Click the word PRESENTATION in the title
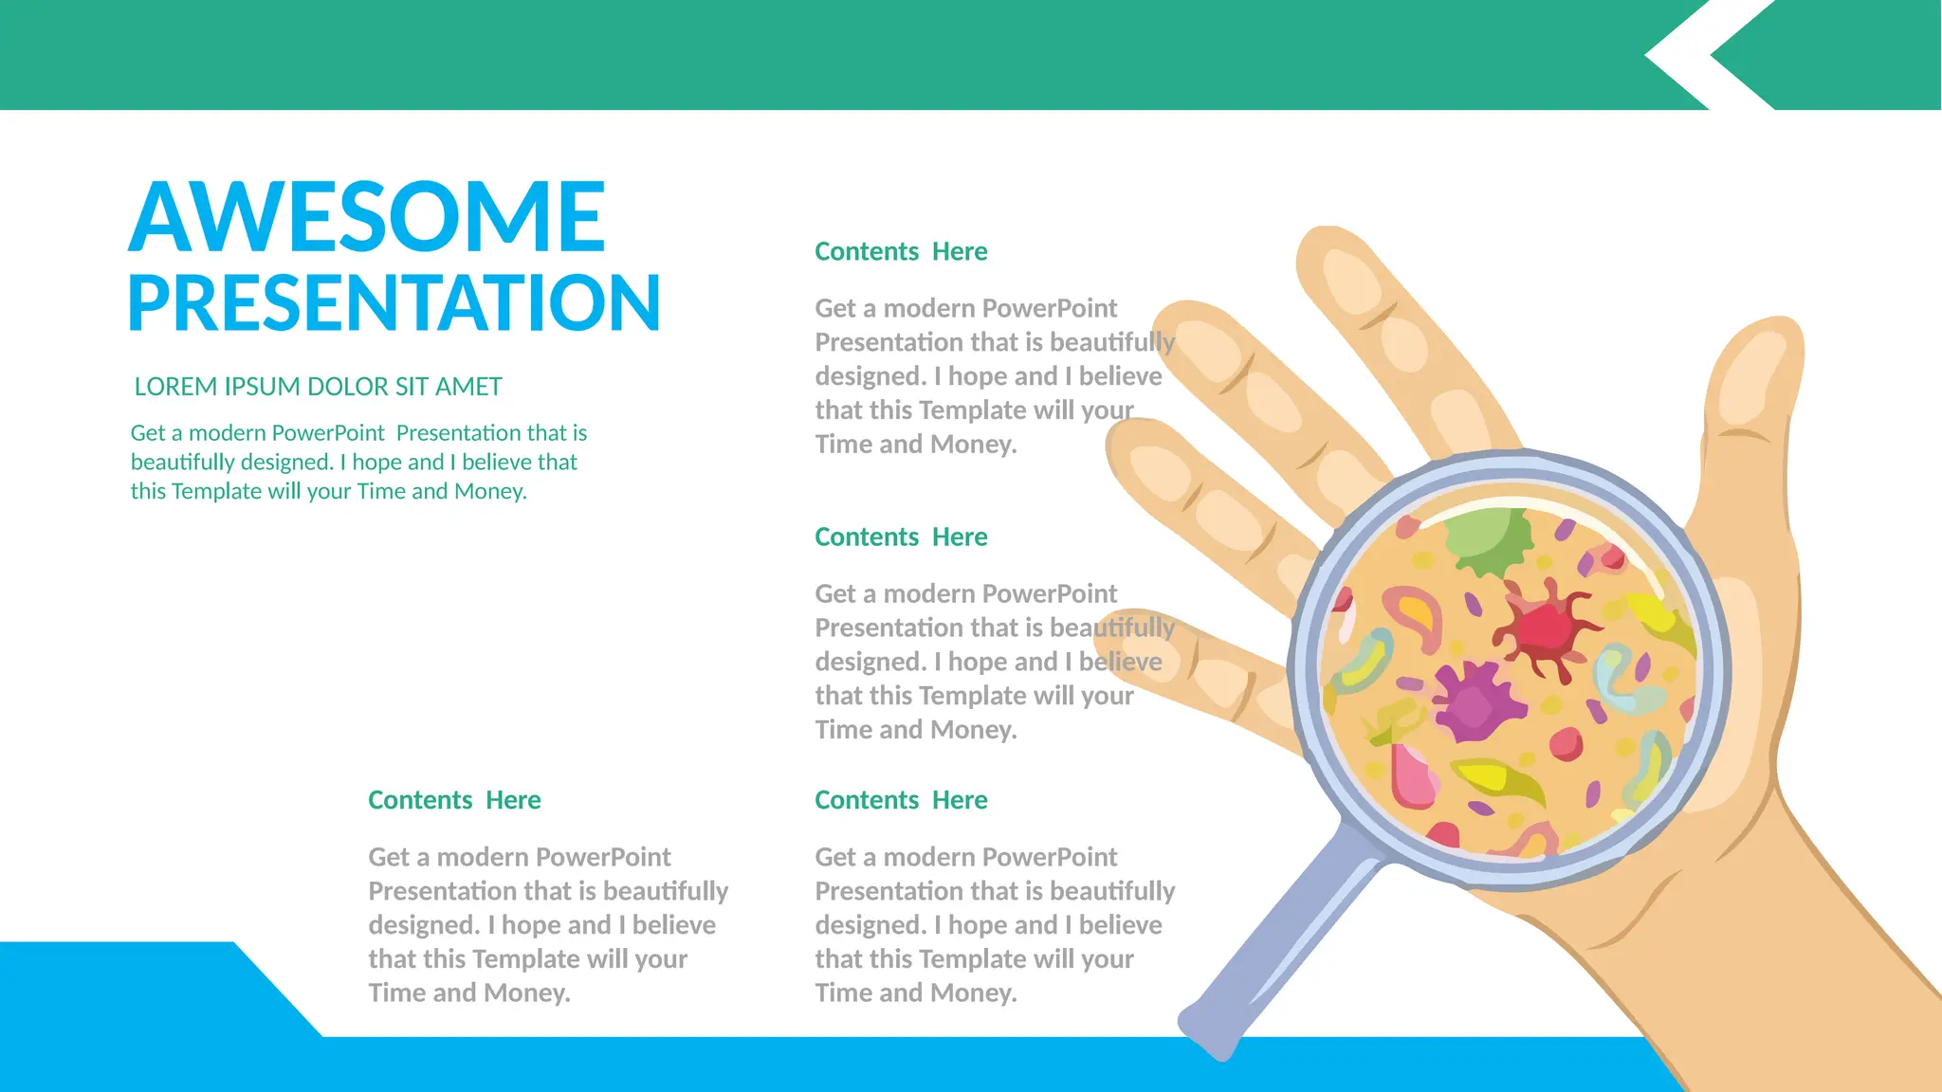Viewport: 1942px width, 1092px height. coord(394,303)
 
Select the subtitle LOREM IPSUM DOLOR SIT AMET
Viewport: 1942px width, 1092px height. coord(318,387)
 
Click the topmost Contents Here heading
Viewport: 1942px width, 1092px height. coord(901,251)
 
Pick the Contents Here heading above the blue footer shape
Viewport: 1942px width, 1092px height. coord(454,800)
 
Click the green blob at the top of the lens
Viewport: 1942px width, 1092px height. coord(1489,540)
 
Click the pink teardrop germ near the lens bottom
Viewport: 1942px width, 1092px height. coord(1413,777)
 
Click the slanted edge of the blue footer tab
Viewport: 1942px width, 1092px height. coord(278,989)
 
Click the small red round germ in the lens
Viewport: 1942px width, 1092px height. coord(1566,744)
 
